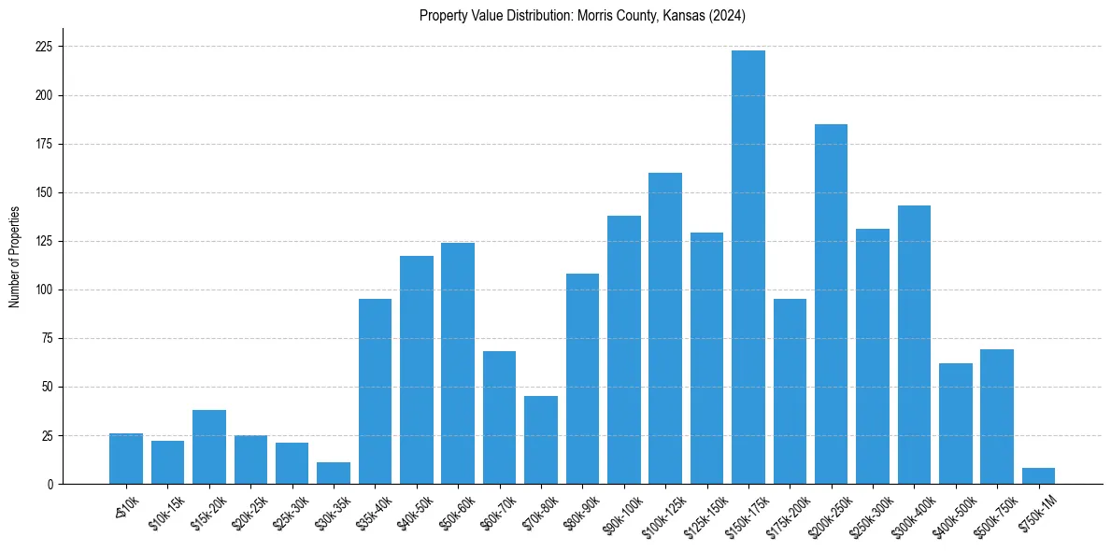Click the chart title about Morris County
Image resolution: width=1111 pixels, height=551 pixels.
tap(582, 16)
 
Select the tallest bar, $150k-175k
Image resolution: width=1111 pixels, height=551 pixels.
tap(748, 267)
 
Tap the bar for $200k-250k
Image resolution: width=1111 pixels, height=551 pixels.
tap(832, 304)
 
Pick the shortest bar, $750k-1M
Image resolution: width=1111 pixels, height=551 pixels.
tap(1039, 476)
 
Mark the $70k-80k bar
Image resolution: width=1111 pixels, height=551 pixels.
tap(541, 440)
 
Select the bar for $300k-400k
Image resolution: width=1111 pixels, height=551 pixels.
tap(914, 345)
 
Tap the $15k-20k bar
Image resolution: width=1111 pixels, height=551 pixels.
tap(209, 447)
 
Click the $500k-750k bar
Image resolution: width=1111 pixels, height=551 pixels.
tap(997, 417)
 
